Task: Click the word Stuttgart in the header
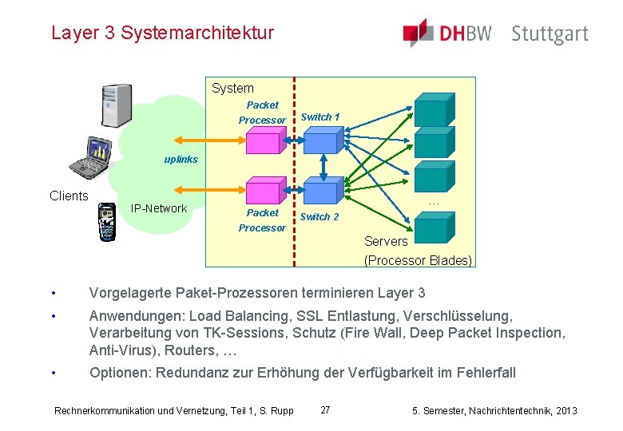point(550,34)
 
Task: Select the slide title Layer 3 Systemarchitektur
point(162,33)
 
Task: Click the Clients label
point(69,196)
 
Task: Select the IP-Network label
point(159,208)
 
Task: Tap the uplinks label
point(181,160)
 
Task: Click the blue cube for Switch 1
point(323,140)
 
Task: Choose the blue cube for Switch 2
point(323,189)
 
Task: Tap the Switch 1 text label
point(319,117)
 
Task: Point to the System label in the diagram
point(232,89)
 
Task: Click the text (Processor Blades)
point(418,260)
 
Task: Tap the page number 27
point(325,410)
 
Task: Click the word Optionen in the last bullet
point(120,373)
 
